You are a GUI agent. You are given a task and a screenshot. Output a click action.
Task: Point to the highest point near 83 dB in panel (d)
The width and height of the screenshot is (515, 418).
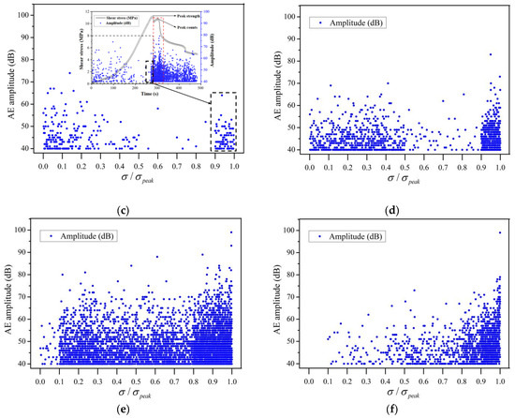(x=490, y=54)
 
